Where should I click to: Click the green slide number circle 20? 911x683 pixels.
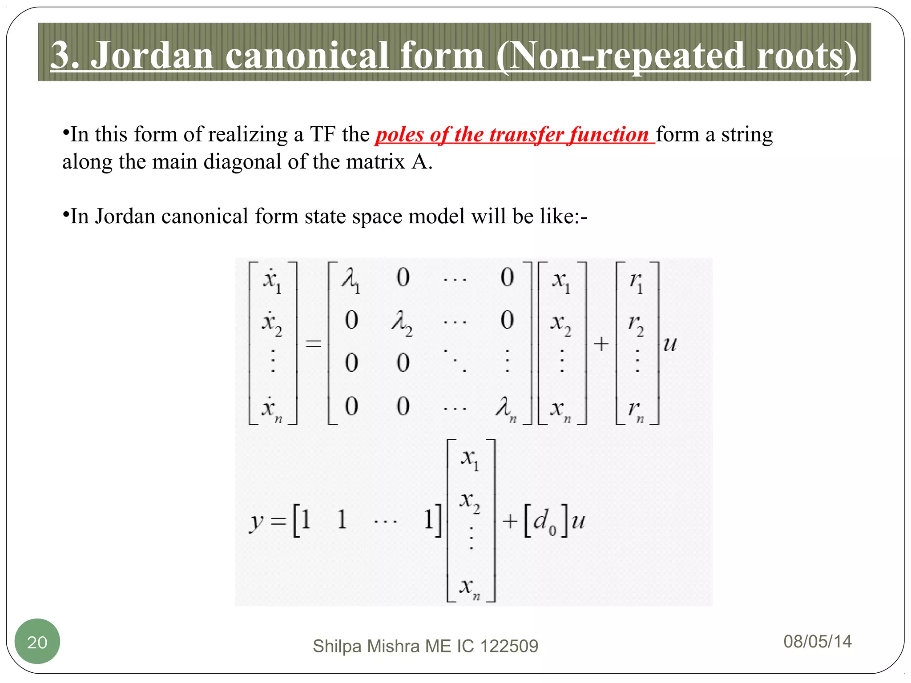click(37, 641)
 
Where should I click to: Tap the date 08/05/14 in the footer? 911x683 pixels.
click(817, 642)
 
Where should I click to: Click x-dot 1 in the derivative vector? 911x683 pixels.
click(271, 281)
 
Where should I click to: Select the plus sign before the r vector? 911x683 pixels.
click(601, 344)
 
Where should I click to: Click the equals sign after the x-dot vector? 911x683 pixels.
click(313, 344)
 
